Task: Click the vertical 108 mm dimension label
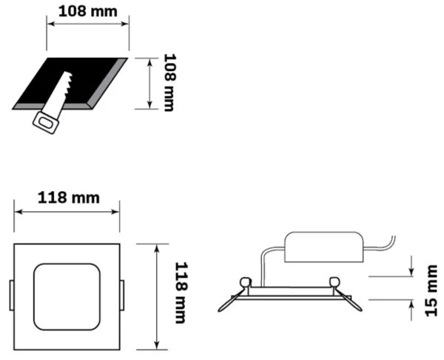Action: pos(169,81)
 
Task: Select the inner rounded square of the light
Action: pos(67,295)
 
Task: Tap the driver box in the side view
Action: pos(326,247)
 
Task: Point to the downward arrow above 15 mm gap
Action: pos(411,267)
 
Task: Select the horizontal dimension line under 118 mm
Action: pos(68,211)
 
